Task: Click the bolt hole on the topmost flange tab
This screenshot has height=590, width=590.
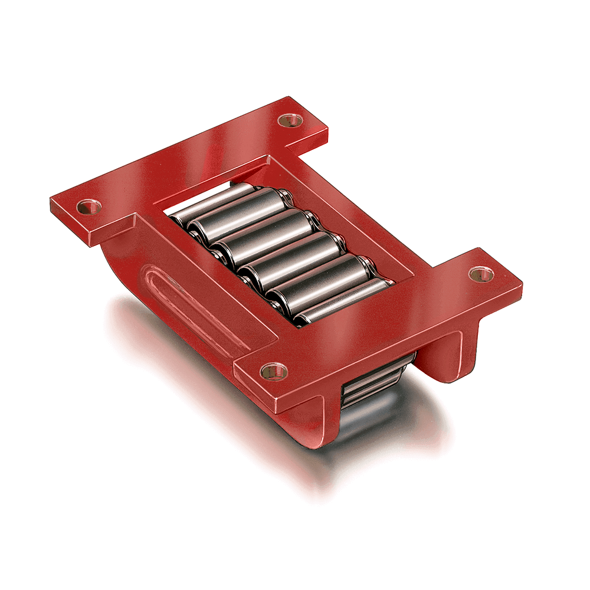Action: (x=290, y=120)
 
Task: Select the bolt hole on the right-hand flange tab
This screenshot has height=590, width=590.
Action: (x=481, y=273)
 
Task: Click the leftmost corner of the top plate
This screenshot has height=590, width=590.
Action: (x=52, y=201)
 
